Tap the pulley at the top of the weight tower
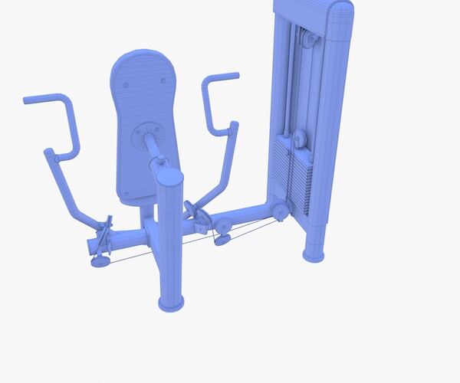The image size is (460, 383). pyautogui.click(x=305, y=40)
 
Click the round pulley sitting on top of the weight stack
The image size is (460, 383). pyautogui.click(x=298, y=139)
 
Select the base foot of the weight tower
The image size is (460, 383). pyautogui.click(x=314, y=252)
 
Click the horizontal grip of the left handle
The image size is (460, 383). pyautogui.click(x=44, y=99)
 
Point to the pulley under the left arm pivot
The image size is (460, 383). pyautogui.click(x=100, y=260)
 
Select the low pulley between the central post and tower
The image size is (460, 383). pyautogui.click(x=223, y=230)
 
